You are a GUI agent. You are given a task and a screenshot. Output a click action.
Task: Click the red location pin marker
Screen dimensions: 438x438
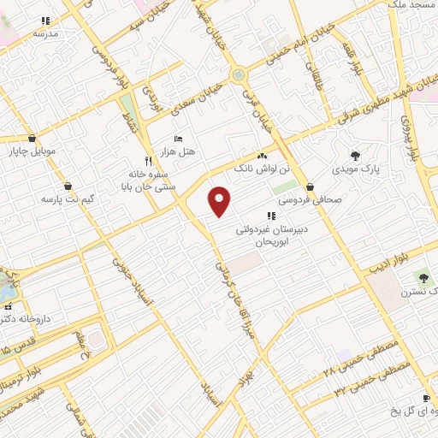(220, 201)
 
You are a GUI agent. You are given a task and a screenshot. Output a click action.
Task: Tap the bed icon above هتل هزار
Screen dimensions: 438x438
(178, 139)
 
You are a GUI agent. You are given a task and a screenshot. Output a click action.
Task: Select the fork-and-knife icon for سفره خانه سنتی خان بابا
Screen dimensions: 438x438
(148, 160)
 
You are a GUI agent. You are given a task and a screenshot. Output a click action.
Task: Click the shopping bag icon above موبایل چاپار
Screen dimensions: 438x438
(32, 138)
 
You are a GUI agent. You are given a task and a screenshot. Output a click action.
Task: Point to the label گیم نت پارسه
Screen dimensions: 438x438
(65, 198)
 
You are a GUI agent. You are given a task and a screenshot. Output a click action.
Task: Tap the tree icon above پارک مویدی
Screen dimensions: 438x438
(355, 156)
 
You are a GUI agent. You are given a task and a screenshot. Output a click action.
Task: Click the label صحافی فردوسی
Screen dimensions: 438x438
(310, 198)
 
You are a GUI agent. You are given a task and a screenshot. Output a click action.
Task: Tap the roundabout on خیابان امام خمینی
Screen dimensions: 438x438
(238, 75)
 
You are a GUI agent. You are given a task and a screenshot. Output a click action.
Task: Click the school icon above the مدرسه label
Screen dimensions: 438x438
(45, 21)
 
